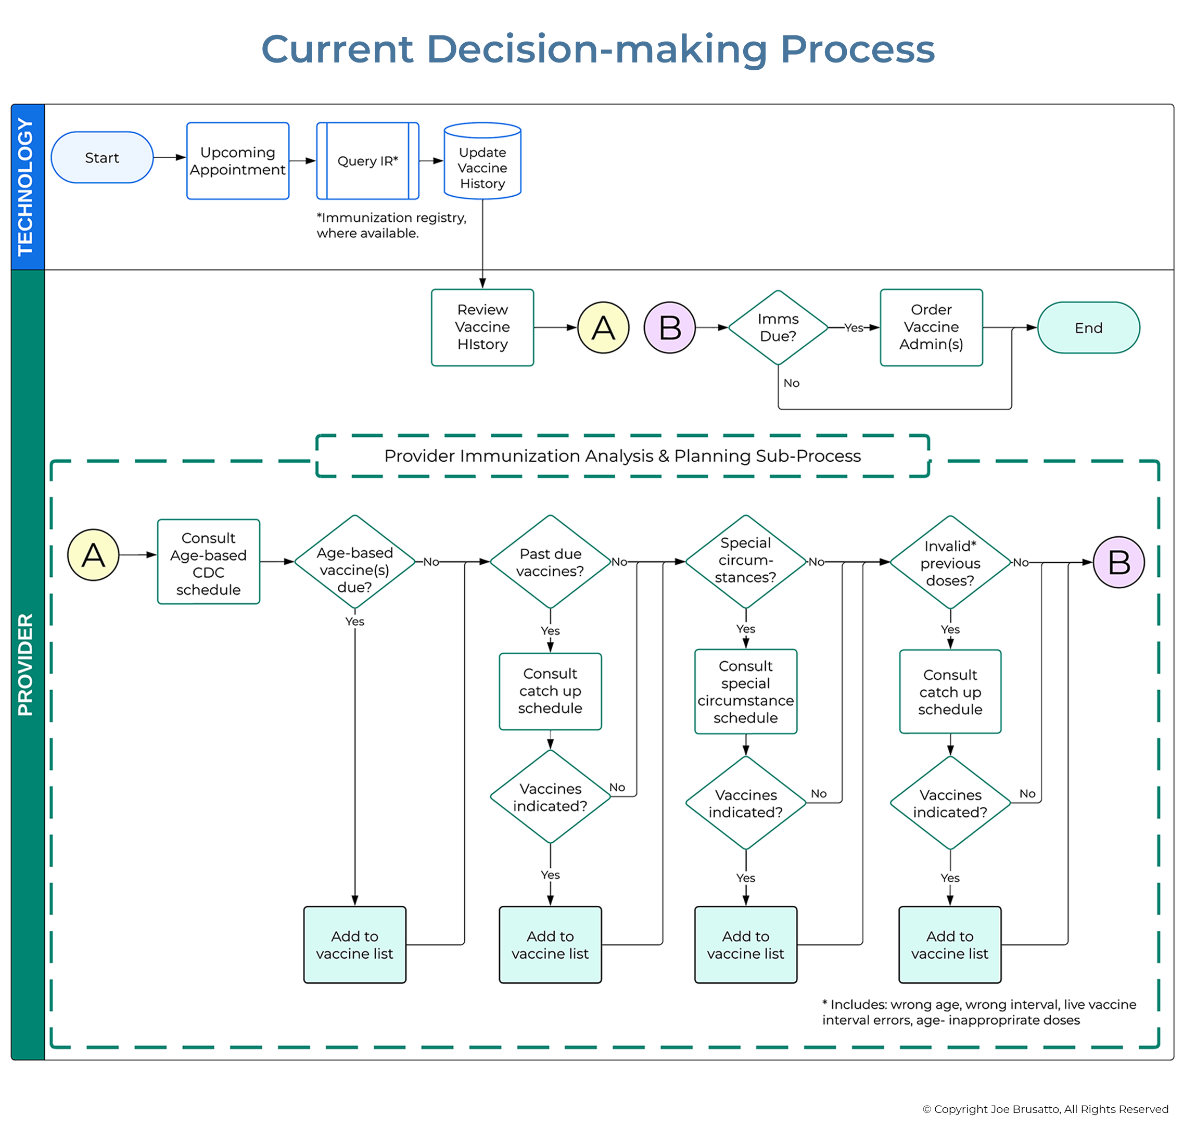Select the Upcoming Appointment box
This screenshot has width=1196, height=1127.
tap(238, 161)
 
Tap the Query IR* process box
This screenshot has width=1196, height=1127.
tap(367, 161)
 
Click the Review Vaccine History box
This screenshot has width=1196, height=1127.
tap(482, 327)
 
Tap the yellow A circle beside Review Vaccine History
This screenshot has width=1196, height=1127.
tap(603, 327)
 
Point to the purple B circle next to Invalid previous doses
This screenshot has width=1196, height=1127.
tap(1118, 562)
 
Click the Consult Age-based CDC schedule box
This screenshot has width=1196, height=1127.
tap(208, 562)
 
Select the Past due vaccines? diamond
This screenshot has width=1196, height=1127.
tap(550, 562)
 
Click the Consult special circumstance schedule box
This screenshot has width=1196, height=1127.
tap(745, 691)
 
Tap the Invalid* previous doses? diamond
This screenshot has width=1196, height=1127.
tap(950, 563)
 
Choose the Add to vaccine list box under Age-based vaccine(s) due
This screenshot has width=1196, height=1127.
tap(354, 944)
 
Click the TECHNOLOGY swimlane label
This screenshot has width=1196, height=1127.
tap(27, 186)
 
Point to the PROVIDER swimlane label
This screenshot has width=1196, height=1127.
tap(27, 664)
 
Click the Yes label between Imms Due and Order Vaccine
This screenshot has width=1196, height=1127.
tap(853, 327)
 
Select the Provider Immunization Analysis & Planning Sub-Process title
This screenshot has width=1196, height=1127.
tap(622, 455)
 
